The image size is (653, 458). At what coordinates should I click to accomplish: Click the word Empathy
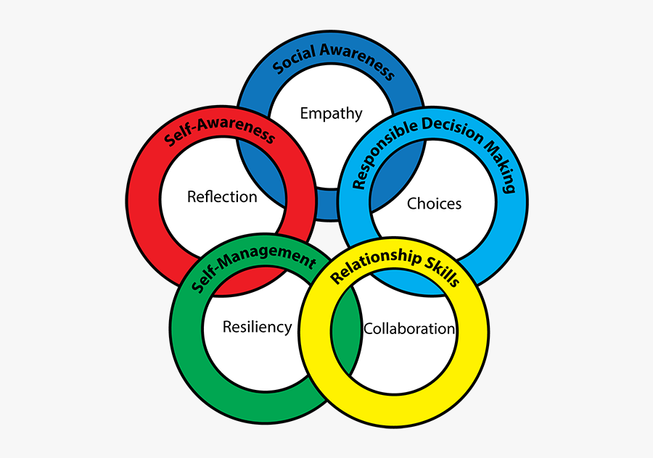tap(331, 113)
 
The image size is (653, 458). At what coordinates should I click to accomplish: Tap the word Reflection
tap(222, 197)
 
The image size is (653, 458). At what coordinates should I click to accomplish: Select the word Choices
tap(434, 204)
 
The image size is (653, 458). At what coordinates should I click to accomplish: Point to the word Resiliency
tap(257, 327)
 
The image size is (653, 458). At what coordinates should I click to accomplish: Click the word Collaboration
tap(409, 328)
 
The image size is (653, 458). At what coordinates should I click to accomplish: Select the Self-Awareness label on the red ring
tap(219, 131)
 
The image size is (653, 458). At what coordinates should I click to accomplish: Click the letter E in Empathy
tap(304, 113)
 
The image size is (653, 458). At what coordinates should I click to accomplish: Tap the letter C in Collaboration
tap(369, 328)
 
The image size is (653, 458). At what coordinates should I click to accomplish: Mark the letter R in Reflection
tap(192, 197)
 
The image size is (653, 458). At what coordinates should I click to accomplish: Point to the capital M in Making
tap(491, 149)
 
